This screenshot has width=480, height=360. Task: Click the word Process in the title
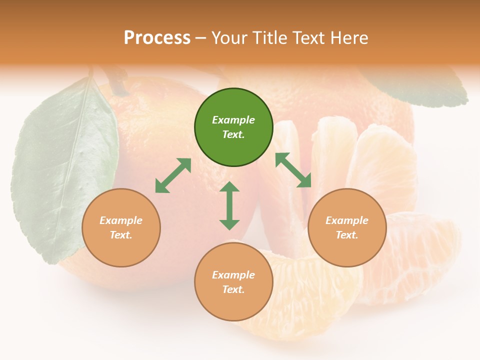(157, 38)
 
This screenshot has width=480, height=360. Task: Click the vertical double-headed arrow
(229, 205)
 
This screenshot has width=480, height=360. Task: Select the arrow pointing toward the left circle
(173, 175)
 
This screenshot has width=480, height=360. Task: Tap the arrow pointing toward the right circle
(293, 170)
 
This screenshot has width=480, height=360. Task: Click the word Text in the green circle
(233, 134)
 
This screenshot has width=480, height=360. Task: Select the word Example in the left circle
(121, 220)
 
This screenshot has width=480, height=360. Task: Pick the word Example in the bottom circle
(233, 275)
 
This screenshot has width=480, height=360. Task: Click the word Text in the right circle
(347, 235)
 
